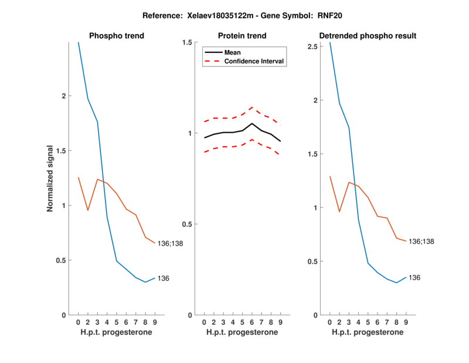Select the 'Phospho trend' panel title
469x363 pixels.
pos(117,36)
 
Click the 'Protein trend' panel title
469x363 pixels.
pos(242,36)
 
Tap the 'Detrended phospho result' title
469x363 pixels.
pos(368,36)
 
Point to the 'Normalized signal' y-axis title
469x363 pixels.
pos(52,179)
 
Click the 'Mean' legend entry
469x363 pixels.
pos(233,52)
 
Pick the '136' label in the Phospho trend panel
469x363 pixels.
pos(164,278)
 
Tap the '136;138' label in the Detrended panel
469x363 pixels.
pos(422,241)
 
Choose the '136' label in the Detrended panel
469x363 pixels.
pos(414,277)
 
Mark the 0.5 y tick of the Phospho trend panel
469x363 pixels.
pos(64,261)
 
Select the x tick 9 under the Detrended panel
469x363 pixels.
pos(406,322)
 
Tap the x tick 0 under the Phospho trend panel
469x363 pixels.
pos(78,322)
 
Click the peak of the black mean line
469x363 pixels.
pos(252,123)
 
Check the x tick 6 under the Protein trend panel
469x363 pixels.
pos(252,322)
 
